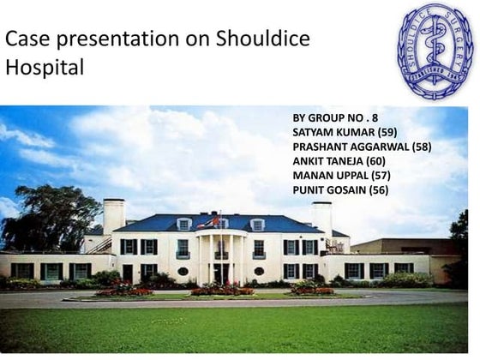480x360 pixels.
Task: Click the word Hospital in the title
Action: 45,69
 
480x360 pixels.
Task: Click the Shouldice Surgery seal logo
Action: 435,49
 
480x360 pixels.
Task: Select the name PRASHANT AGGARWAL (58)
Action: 362,146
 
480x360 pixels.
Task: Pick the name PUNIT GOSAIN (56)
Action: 340,189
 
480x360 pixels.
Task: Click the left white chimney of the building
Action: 114,215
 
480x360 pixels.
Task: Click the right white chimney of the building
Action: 321,215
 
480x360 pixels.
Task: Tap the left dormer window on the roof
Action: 183,225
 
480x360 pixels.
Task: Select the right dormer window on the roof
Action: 257,225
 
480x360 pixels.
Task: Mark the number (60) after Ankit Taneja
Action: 376,160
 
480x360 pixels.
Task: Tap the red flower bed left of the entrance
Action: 124,291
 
